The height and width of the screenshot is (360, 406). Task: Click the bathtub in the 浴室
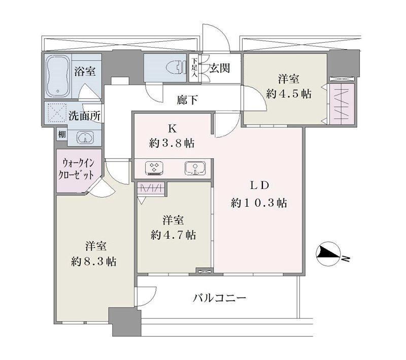point(58,77)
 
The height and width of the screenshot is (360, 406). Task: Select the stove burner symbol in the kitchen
point(154,169)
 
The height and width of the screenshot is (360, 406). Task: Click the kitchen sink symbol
point(195,169)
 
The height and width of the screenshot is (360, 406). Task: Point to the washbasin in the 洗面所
point(85,137)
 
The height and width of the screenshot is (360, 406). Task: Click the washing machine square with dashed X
point(56,112)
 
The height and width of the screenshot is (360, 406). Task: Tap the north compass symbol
point(328,254)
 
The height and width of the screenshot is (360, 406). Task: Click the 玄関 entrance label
point(220,69)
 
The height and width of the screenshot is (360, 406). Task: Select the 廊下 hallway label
point(187,100)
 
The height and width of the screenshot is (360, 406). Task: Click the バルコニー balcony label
point(220,298)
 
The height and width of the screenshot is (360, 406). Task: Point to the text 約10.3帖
point(259,203)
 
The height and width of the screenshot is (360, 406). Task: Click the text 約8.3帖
point(94,262)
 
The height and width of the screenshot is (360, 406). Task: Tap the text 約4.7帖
point(173,235)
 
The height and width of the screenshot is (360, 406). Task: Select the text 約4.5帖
point(289,94)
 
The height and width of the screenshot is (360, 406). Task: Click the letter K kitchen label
point(172,129)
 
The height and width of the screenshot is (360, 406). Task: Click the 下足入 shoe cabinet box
point(194,68)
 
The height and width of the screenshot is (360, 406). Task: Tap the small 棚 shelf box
point(62,134)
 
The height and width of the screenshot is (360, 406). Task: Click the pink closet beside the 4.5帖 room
point(341,104)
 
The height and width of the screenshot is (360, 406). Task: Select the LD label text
point(259,185)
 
